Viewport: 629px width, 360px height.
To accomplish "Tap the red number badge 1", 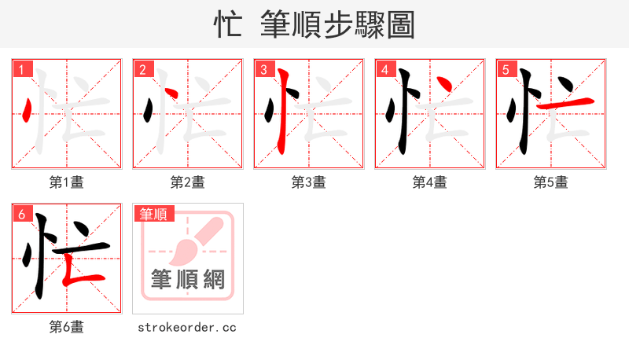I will click(x=20, y=69).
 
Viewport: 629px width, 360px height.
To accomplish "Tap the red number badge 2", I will click(x=142, y=69).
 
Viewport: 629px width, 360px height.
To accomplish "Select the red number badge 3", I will click(x=263, y=69).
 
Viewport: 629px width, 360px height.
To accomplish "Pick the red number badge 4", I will click(x=384, y=69).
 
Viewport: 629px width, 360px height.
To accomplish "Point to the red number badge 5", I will click(x=505, y=69).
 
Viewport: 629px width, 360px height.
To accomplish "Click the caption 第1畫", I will click(x=66, y=182).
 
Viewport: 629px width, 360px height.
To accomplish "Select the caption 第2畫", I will click(x=187, y=182).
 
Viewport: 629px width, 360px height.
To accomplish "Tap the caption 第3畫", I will click(x=308, y=182).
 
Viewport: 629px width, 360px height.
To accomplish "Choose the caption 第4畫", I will click(x=429, y=182).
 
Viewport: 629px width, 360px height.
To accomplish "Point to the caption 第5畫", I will click(x=550, y=182).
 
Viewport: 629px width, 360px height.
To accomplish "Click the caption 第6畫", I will click(x=66, y=327).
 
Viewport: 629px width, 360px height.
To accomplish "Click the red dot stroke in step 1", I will click(x=28, y=110).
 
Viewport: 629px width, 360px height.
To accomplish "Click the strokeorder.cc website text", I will click(x=187, y=327).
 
